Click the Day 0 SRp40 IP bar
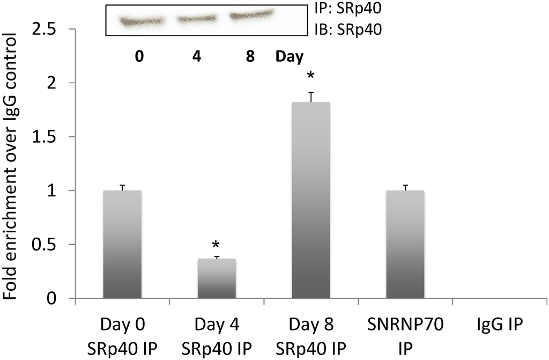(x=122, y=244)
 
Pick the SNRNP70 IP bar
(x=405, y=244)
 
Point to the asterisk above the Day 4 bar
(x=216, y=245)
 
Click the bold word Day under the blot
(x=289, y=56)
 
